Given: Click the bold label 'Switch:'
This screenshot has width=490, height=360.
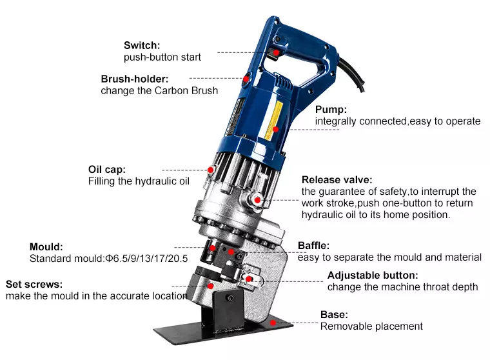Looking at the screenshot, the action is tap(142, 45).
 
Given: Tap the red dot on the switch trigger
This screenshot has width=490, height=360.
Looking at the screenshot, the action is tap(276, 52).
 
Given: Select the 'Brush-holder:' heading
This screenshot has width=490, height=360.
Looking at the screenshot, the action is tap(135, 79).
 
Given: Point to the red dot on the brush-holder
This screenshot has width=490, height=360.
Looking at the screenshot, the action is tap(246, 79).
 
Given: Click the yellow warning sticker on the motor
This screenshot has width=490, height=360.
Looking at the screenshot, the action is tap(273, 121).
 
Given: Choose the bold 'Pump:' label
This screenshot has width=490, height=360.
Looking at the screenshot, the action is tap(331, 110).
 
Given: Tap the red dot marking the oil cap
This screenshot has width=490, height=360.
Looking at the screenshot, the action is tap(211, 170).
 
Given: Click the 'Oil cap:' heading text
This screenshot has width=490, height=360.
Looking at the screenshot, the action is tap(107, 170).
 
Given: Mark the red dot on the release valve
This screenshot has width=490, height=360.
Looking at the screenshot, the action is tap(257, 200).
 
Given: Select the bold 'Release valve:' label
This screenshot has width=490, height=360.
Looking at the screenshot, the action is tap(337, 180).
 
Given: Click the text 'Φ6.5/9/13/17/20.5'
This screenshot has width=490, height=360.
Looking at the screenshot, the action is tap(146, 259).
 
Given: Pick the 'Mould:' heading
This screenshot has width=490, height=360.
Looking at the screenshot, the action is tap(46, 247).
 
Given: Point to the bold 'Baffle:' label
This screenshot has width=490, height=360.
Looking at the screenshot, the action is tap(313, 246).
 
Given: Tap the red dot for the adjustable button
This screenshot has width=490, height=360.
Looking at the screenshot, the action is tap(248, 279).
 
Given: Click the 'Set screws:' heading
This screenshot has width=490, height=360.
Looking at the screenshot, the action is tap(34, 285).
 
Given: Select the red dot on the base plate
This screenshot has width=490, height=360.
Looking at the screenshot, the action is tap(273, 323).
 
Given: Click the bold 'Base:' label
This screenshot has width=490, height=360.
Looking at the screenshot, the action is tap(334, 315).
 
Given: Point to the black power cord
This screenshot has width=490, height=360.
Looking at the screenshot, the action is tap(354, 74).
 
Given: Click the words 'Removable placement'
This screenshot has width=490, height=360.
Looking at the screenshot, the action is tap(371, 326).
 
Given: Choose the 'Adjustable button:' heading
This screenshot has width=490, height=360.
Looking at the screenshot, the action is tap(373, 275).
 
